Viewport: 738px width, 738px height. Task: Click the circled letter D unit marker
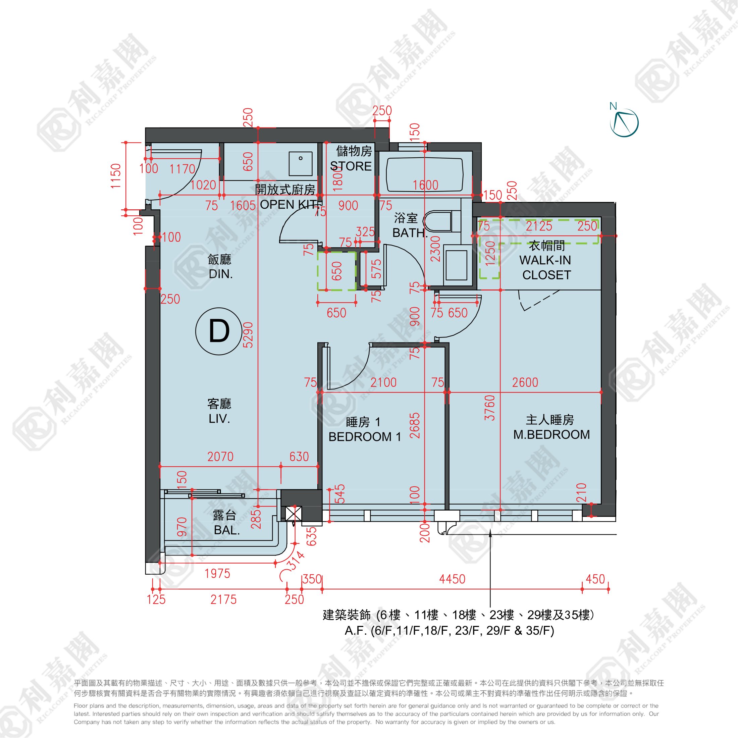click(x=218, y=331)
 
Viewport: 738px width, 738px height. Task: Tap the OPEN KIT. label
click(x=289, y=204)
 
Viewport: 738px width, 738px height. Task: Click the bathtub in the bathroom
click(x=425, y=174)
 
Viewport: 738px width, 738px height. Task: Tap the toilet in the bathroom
click(x=438, y=221)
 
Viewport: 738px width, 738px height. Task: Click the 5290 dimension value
click(x=248, y=335)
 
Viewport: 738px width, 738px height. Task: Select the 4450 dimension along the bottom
click(x=452, y=579)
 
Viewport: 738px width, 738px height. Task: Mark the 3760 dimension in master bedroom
click(x=490, y=408)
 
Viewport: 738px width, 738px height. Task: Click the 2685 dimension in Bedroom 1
click(x=415, y=426)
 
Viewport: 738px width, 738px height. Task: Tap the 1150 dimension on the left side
click(x=116, y=176)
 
